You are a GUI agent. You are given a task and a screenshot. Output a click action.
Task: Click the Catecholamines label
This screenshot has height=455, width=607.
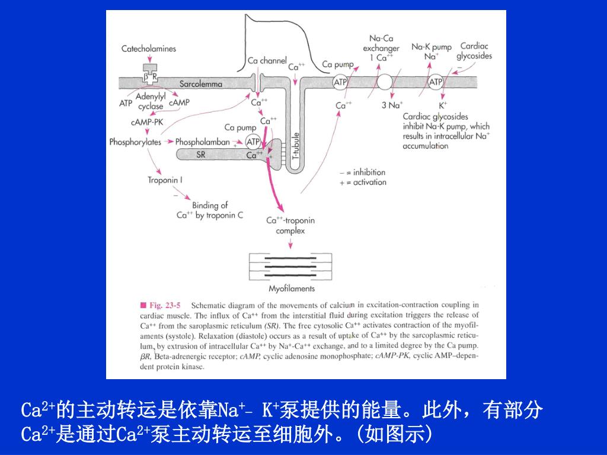coord(149,49)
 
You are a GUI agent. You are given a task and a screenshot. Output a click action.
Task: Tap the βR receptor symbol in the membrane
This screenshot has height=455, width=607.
coord(150,74)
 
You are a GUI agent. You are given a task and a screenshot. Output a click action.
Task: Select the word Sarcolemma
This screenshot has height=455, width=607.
coord(201,84)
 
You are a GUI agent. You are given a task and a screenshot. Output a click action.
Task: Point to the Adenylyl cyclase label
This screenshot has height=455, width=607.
coord(151,101)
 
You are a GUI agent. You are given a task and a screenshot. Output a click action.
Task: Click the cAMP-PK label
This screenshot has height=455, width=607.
coord(147,122)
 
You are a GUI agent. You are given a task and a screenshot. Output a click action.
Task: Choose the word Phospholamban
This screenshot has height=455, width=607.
coord(203,142)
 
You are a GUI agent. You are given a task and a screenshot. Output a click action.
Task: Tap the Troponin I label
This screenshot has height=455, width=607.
coord(165,180)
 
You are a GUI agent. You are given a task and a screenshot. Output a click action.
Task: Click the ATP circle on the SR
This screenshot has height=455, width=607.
coord(253,142)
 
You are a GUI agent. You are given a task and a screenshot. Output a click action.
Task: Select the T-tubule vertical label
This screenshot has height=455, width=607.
coord(296,147)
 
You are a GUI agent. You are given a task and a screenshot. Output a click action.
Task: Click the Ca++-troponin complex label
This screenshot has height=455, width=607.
coord(290,226)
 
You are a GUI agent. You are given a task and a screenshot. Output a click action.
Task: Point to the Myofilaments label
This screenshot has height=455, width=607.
coord(292,289)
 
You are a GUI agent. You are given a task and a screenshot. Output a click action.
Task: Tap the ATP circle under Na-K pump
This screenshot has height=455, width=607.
coord(436,82)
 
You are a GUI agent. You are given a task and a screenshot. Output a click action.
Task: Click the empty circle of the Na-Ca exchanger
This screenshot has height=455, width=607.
coord(384,82)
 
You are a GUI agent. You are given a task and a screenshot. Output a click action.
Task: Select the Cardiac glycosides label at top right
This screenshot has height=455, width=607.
coord(474,51)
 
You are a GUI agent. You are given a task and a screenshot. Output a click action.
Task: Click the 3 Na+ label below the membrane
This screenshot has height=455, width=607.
coord(392,105)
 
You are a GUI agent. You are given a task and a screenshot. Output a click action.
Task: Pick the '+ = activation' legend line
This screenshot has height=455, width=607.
coord(363,182)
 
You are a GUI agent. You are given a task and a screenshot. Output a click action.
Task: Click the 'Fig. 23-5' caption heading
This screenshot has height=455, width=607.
coord(161,305)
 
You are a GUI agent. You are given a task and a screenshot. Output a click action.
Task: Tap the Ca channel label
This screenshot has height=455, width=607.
coord(267,61)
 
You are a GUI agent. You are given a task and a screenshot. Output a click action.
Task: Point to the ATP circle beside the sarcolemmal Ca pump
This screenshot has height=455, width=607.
coord(340,82)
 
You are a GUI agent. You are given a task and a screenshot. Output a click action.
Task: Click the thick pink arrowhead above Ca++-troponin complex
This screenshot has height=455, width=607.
coord(279,207)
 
